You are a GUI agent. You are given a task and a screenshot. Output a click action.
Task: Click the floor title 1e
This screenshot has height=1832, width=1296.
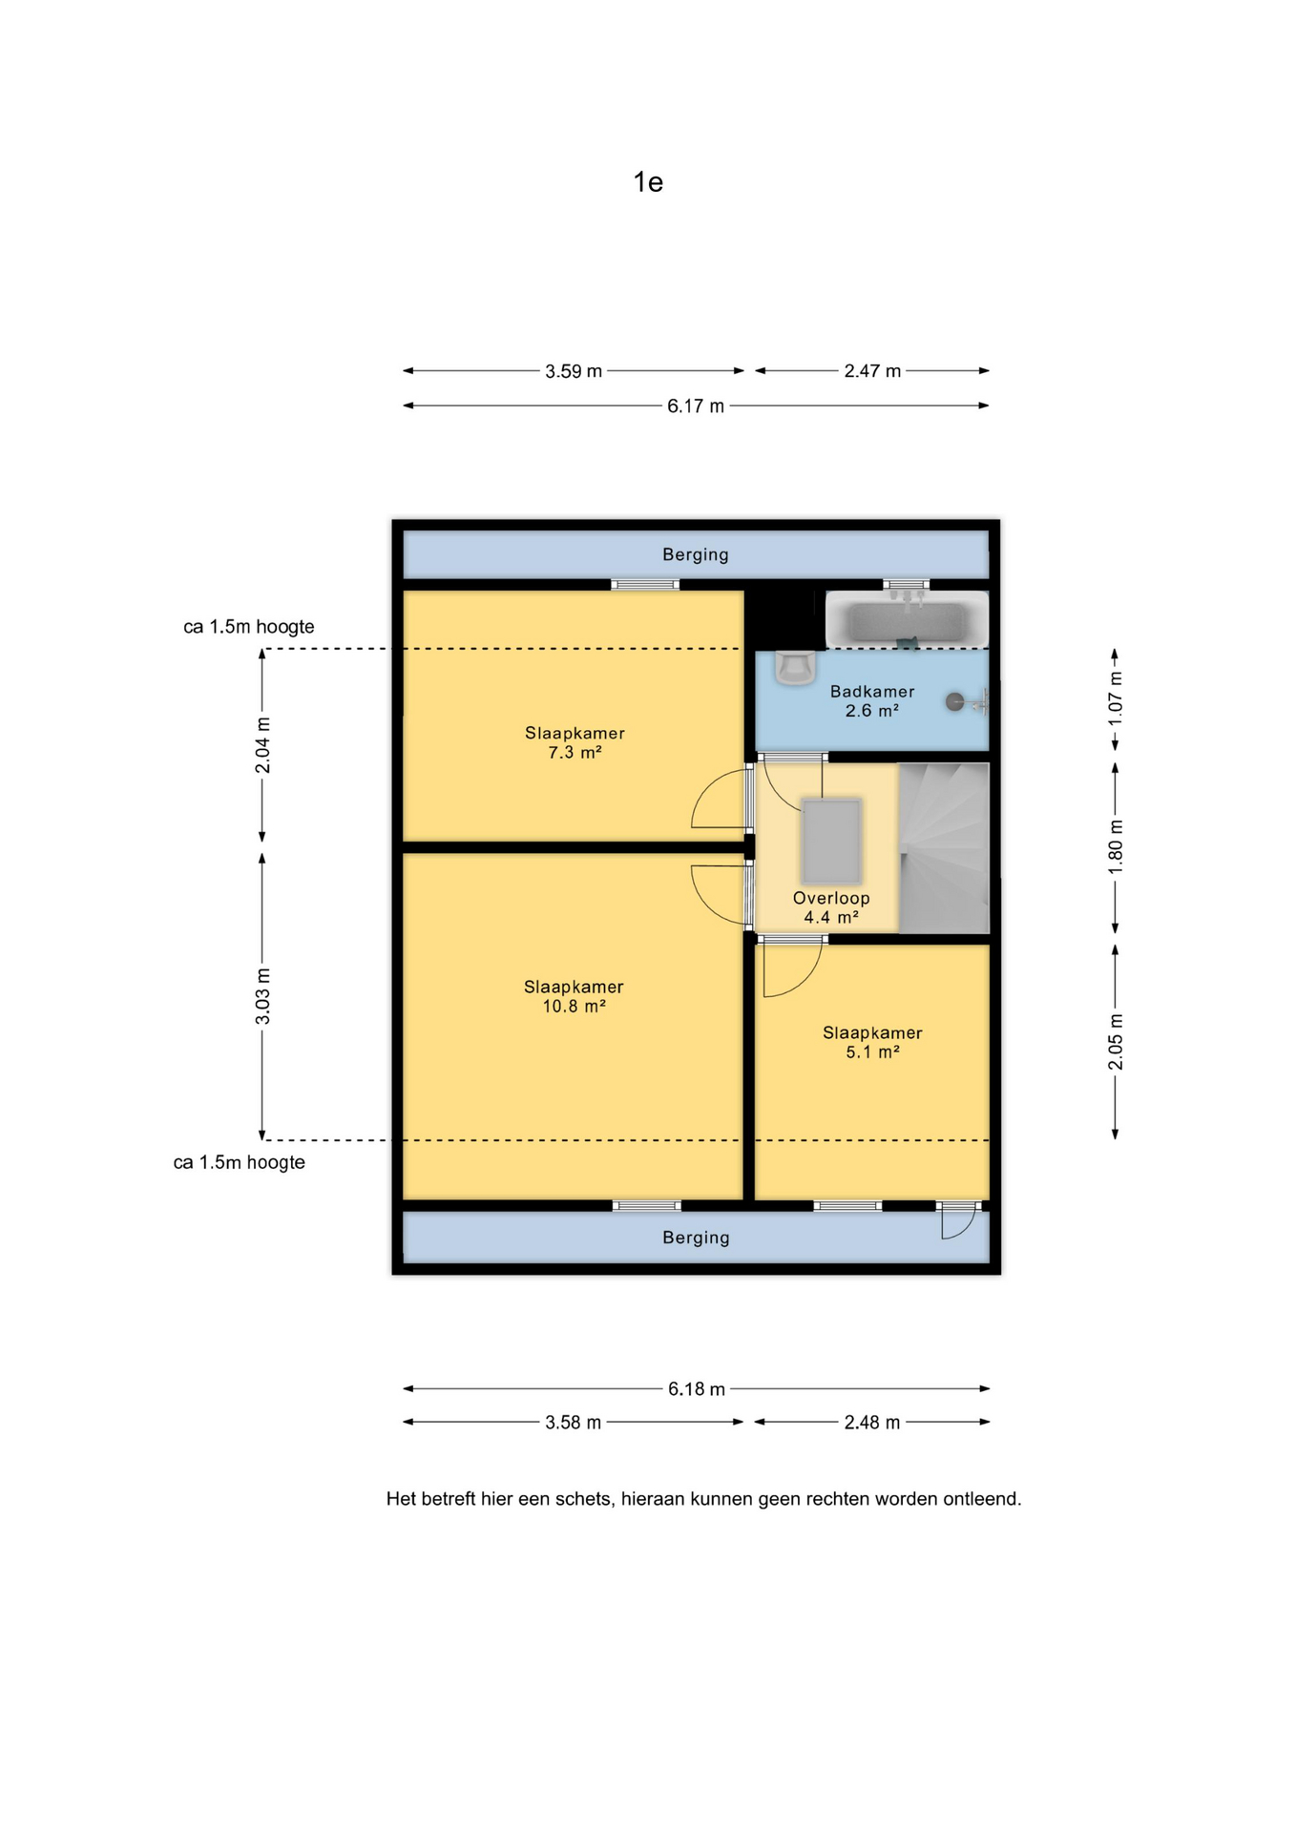pos(648,182)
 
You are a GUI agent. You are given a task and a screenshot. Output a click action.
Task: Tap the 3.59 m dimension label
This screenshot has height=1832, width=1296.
pos(574,371)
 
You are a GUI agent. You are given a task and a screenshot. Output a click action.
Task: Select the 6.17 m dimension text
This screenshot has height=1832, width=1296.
pos(696,406)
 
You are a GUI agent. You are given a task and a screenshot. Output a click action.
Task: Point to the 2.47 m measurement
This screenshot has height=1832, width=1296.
pos(872,371)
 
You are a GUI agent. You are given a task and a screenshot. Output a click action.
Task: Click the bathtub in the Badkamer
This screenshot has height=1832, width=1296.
pos(907,620)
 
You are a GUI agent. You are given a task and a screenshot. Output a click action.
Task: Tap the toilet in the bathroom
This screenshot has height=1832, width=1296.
pos(794,668)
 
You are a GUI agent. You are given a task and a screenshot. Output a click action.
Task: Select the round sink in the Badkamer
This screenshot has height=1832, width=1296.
pos(955,702)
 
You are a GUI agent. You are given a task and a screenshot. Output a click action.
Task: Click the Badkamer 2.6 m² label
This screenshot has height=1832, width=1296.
pos(872,701)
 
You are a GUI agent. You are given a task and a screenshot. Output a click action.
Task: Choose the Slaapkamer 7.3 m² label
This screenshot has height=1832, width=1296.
pos(575,743)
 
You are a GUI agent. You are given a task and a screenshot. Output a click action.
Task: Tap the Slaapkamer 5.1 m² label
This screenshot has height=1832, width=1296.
pos(872,1043)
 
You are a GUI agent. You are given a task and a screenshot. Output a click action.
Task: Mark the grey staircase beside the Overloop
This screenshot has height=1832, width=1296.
pos(944,848)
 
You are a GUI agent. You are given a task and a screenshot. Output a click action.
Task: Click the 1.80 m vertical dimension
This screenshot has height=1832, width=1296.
pos(1115,848)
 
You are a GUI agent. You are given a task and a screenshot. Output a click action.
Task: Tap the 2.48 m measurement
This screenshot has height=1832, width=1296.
pos(872,1423)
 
